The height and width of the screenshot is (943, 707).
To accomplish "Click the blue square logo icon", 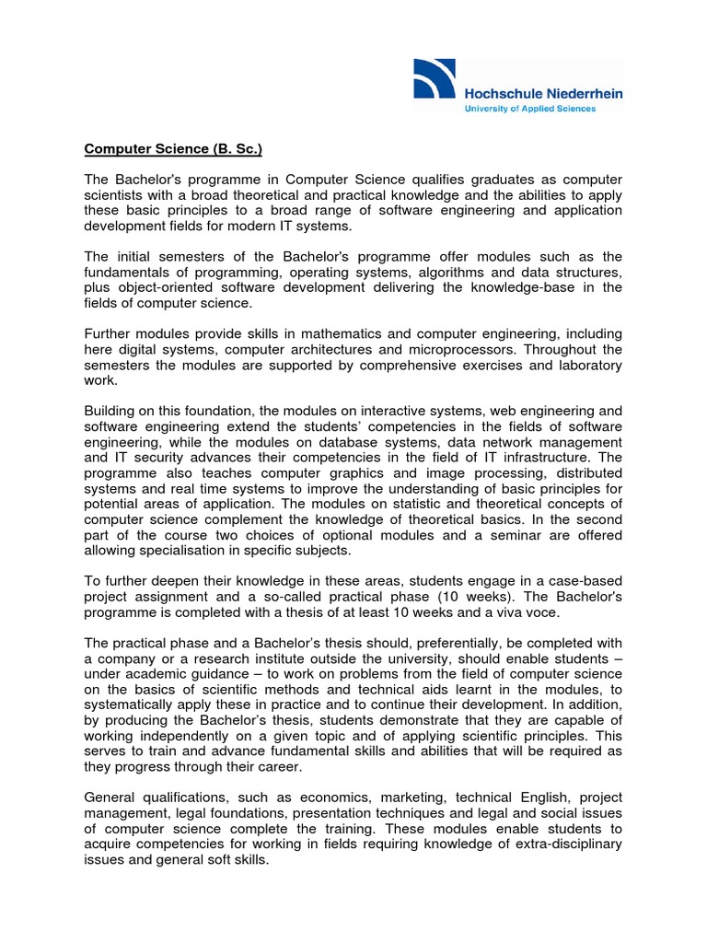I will pos(435,78).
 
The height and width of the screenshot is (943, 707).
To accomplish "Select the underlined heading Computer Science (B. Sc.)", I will pos(174,148).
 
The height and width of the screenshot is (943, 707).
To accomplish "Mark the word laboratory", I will pos(583,366).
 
